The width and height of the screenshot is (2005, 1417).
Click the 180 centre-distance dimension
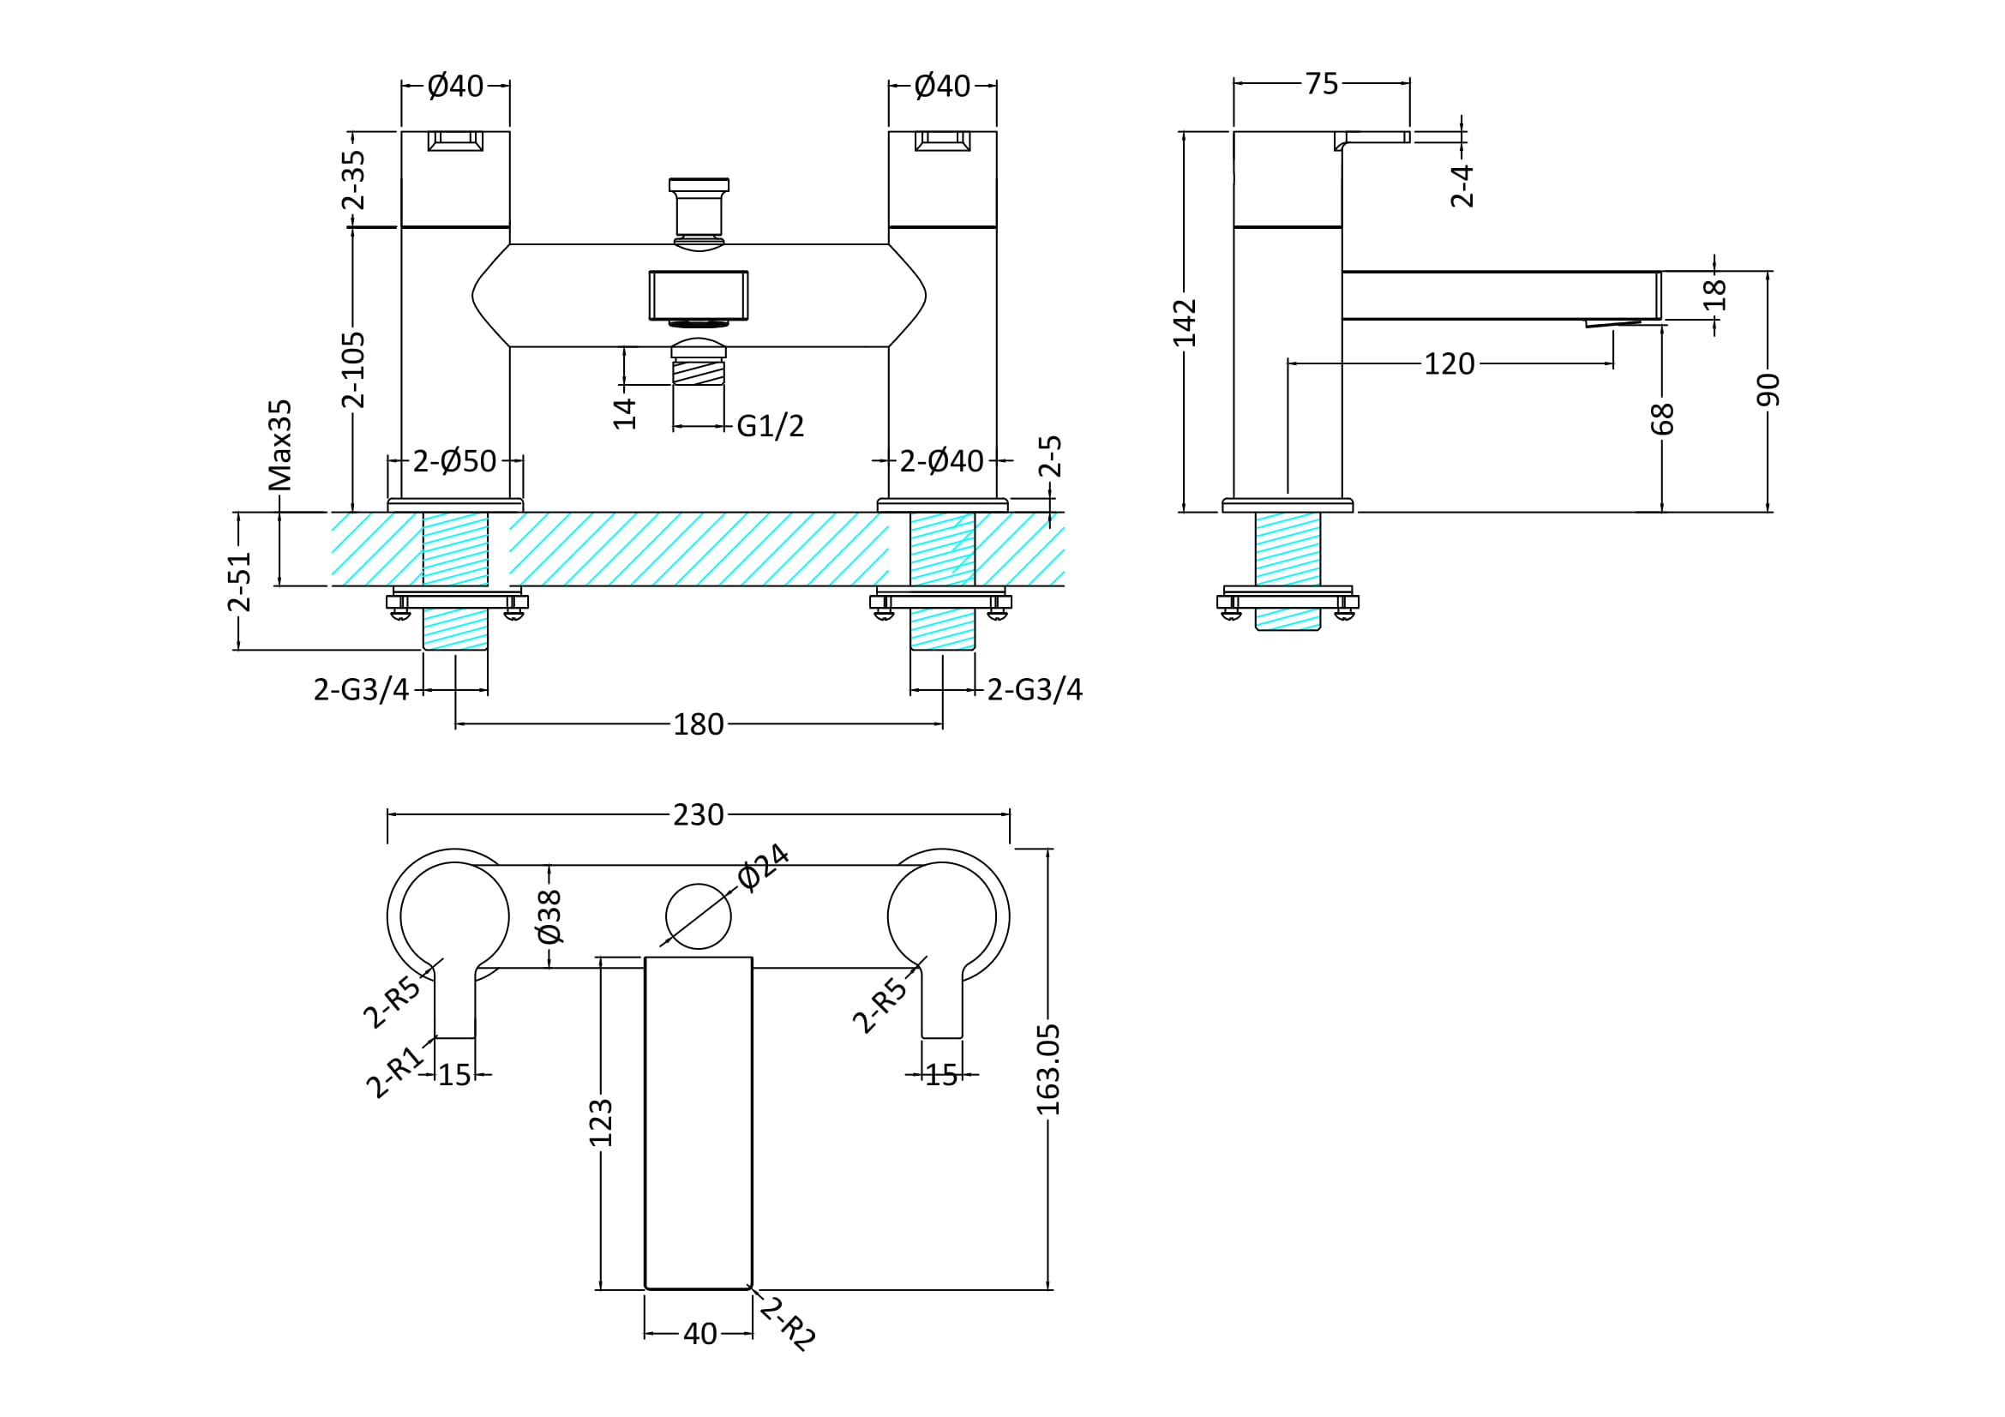pos(698,724)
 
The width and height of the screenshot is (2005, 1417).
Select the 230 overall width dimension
pos(698,815)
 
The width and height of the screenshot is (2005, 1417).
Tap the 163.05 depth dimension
pos(1048,1069)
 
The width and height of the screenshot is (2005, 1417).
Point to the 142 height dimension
pos(1184,322)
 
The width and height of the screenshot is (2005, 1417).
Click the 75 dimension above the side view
pos(1321,84)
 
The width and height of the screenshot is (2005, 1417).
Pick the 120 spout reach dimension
pos(1449,364)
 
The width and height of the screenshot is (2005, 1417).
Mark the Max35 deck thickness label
pos(280,445)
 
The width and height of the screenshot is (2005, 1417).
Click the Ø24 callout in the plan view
pos(763,867)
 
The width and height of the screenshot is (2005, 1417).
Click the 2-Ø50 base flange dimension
pos(454,461)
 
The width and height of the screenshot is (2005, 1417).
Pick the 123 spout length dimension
pos(601,1123)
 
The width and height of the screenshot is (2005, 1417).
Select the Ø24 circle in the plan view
pos(698,916)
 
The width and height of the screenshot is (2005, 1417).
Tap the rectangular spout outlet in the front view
pos(698,295)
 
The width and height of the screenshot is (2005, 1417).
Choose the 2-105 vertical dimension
pos(353,369)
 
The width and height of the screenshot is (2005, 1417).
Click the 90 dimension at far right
pos(1768,389)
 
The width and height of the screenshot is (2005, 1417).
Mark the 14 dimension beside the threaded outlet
pos(624,413)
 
